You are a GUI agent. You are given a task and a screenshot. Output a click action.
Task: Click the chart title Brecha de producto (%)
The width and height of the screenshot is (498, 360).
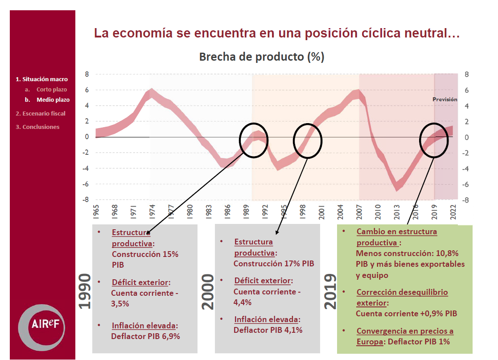tap(261, 57)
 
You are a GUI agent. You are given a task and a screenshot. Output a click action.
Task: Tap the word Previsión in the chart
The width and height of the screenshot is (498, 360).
tap(445, 99)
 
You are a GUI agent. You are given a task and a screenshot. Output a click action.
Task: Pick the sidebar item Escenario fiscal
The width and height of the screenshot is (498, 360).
tap(41, 113)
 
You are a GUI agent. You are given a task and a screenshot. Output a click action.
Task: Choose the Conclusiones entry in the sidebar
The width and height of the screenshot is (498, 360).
tap(37, 127)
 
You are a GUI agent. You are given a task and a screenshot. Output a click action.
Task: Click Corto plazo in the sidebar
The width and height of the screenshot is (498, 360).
tap(52, 90)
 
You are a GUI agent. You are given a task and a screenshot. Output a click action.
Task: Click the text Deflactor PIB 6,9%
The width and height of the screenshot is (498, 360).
tap(145, 336)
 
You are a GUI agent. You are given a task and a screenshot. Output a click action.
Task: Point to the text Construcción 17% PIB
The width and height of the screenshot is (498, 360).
tap(274, 263)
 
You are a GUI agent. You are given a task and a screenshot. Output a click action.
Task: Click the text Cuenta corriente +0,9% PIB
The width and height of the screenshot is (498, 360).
tap(407, 313)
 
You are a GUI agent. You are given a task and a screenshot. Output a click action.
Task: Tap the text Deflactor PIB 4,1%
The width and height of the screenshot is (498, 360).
tap(268, 330)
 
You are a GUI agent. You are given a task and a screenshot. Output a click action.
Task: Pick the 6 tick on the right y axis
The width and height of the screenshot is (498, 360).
tap(466, 90)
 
